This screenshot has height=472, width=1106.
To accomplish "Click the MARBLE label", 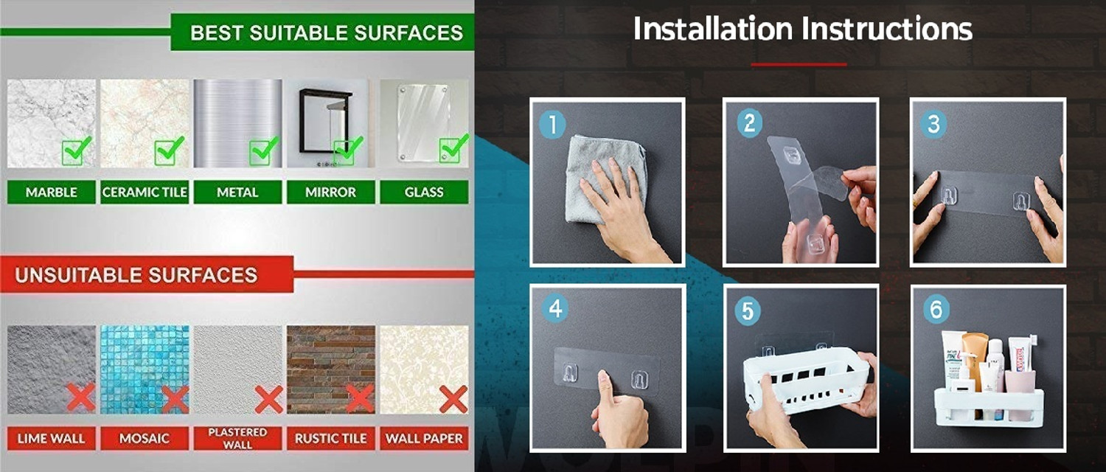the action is pyautogui.click(x=52, y=192).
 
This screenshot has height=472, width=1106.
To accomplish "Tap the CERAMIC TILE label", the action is pyautogui.click(x=145, y=192).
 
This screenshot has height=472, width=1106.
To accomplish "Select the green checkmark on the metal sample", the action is pyautogui.click(x=264, y=151).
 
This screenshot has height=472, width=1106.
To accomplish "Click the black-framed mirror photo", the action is pyautogui.click(x=327, y=122).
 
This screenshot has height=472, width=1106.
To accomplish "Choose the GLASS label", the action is pyautogui.click(x=424, y=192).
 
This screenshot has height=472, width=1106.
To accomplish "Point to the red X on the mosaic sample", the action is pyautogui.click(x=175, y=399).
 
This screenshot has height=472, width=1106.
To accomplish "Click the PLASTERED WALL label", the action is pyautogui.click(x=237, y=438).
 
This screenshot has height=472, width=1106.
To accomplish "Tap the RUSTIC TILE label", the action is pyautogui.click(x=331, y=438).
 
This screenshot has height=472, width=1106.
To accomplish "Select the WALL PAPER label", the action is pyautogui.click(x=424, y=438).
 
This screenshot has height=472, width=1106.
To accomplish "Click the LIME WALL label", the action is pyautogui.click(x=52, y=438).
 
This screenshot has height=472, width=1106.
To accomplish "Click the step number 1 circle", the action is pyautogui.click(x=552, y=125).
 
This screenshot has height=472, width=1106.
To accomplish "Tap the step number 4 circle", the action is pyautogui.click(x=555, y=309).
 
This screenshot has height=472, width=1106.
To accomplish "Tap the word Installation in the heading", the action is pyautogui.click(x=713, y=29).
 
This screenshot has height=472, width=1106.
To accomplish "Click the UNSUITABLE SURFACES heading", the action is pyautogui.click(x=136, y=275).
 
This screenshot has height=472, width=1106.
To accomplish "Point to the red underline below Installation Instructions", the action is pyautogui.click(x=799, y=64).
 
